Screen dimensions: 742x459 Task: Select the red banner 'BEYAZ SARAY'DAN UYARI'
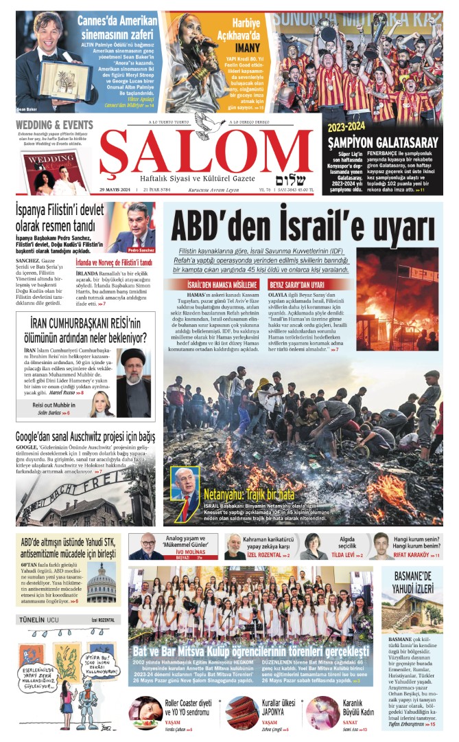pos(297,284)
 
